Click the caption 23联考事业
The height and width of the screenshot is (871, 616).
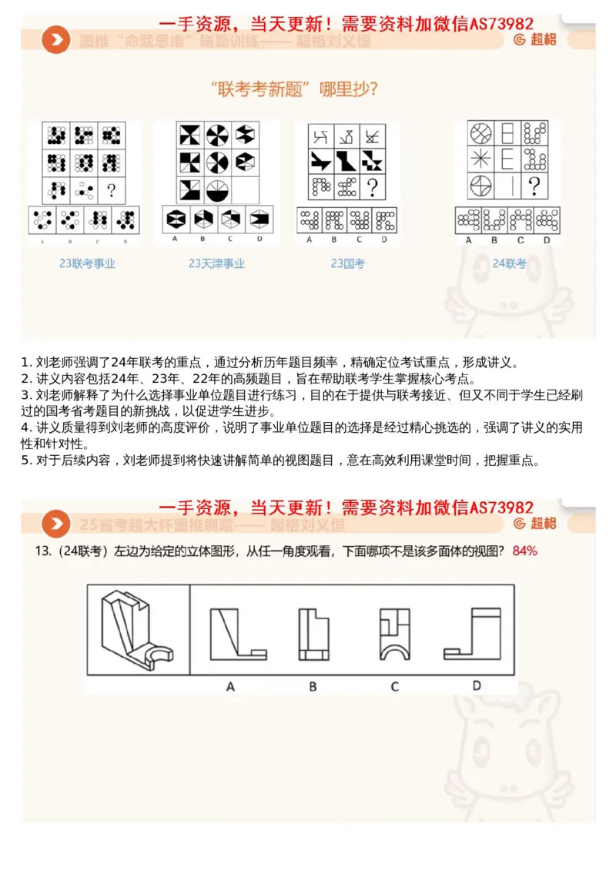87,263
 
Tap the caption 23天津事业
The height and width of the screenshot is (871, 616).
216,263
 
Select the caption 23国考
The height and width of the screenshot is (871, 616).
347,263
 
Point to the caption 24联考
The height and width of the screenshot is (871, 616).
509,263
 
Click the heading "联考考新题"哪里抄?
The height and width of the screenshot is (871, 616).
294,89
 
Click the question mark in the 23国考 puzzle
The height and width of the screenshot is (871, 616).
373,187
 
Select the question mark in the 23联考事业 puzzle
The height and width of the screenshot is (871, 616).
112,189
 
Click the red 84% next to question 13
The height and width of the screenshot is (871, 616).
524,551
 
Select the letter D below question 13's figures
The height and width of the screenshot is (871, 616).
476,685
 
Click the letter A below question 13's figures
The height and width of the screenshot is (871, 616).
230,685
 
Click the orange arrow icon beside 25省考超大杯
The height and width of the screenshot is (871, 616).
55,524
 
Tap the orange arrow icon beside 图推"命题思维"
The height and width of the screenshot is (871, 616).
55,40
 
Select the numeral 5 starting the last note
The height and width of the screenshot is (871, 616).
25,461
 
